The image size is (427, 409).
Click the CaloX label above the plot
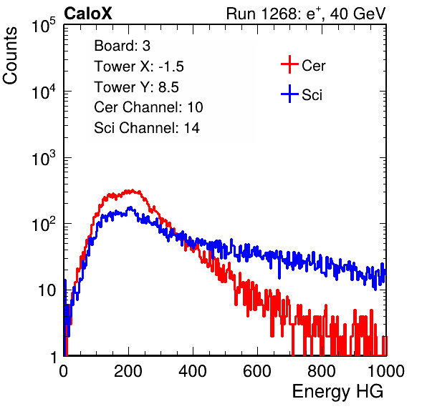click(x=88, y=14)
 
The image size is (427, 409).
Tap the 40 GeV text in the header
click(x=358, y=14)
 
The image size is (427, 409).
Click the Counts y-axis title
click(x=10, y=56)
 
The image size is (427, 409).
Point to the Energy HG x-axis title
click(x=337, y=392)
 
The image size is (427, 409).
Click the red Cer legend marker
click(x=289, y=64)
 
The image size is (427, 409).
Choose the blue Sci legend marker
click(x=289, y=94)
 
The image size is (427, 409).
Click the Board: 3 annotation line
click(x=122, y=46)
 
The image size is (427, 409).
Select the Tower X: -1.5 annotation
click(x=139, y=66)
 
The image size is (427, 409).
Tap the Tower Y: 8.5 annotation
click(x=136, y=87)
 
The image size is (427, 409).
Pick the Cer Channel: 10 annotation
click(x=148, y=107)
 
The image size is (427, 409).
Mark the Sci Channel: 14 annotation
click(x=147, y=128)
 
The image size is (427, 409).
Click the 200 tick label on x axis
click(x=128, y=371)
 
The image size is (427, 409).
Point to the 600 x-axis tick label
click(x=257, y=371)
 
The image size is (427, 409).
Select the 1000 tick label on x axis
click(x=386, y=371)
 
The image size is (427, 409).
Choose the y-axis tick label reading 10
click(x=47, y=290)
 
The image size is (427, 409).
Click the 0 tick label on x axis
click(x=64, y=371)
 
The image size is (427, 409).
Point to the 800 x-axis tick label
click(x=322, y=371)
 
